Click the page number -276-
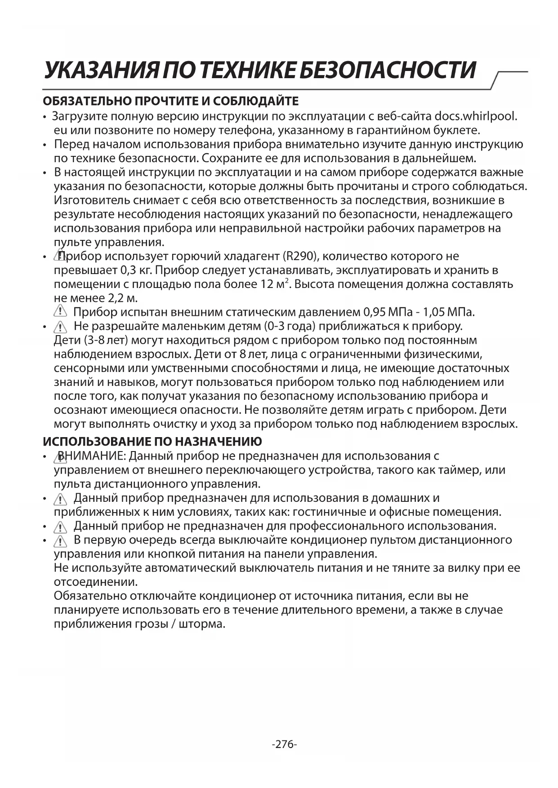[284, 744]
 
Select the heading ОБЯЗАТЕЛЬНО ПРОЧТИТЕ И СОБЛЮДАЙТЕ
[170, 101]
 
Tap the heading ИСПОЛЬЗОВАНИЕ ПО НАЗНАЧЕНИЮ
[152, 442]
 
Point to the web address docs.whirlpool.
[476, 116]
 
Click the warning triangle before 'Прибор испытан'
[60, 311]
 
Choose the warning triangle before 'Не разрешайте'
[60, 326]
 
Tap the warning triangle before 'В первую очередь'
[60, 540]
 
